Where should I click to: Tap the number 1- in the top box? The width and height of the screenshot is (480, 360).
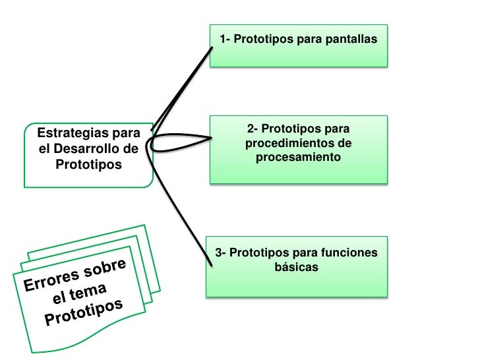coord(225,40)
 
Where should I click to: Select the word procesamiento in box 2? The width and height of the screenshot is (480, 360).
coord(298,158)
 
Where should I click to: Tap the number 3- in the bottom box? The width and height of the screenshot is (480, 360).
coord(222,253)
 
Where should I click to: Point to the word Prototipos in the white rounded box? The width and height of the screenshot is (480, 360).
coord(88,164)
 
